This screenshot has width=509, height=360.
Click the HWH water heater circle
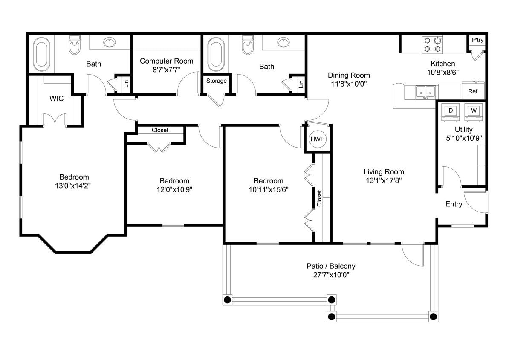point(317,139)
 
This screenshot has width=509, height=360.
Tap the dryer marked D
point(451,111)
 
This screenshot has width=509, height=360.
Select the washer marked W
point(473,111)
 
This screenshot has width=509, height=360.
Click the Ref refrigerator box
point(473,91)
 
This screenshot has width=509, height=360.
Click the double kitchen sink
point(425,91)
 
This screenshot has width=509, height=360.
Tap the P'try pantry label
point(477,40)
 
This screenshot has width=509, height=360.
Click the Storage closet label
point(217,81)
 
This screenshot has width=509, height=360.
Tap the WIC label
point(56,99)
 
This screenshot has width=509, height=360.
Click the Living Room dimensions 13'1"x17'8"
point(384,180)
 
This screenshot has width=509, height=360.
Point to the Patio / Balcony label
point(331,266)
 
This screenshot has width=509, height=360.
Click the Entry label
point(454,204)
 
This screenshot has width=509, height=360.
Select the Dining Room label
point(349,75)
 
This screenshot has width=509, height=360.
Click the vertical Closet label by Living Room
point(319,199)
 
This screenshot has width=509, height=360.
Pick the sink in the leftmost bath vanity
point(109,43)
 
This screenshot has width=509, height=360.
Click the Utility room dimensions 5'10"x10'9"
point(463,138)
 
